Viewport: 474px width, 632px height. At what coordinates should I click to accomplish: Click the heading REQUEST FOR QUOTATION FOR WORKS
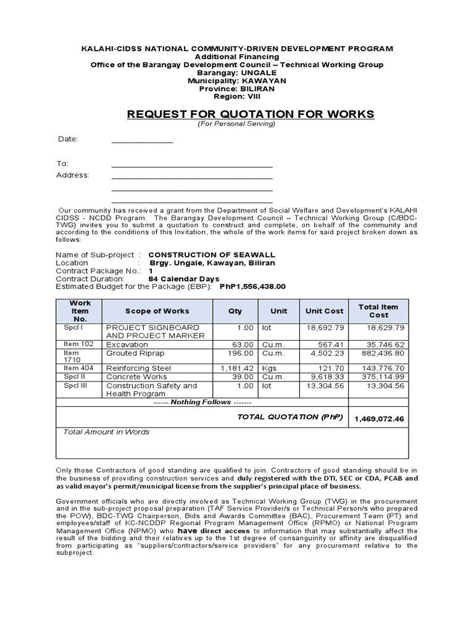click(x=250, y=114)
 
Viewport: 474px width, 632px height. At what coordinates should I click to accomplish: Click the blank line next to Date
click(x=142, y=141)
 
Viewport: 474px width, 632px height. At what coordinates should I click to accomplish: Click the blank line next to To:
click(x=191, y=165)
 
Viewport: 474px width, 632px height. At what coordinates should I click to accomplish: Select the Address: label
click(x=73, y=175)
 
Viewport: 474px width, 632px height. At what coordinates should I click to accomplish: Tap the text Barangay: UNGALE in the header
click(x=237, y=73)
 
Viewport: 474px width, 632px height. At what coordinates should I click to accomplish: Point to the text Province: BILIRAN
click(x=237, y=89)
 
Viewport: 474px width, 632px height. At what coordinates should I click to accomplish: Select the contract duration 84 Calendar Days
click(x=184, y=279)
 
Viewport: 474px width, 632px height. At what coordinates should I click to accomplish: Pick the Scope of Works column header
click(x=157, y=311)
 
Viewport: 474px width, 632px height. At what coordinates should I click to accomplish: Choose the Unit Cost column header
click(x=324, y=311)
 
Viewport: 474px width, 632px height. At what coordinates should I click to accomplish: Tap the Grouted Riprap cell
click(x=130, y=354)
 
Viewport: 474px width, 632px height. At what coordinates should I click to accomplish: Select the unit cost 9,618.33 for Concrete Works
click(x=328, y=376)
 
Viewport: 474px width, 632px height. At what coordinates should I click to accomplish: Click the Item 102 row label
click(x=78, y=344)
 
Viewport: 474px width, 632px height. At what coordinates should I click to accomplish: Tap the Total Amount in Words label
click(x=106, y=432)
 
